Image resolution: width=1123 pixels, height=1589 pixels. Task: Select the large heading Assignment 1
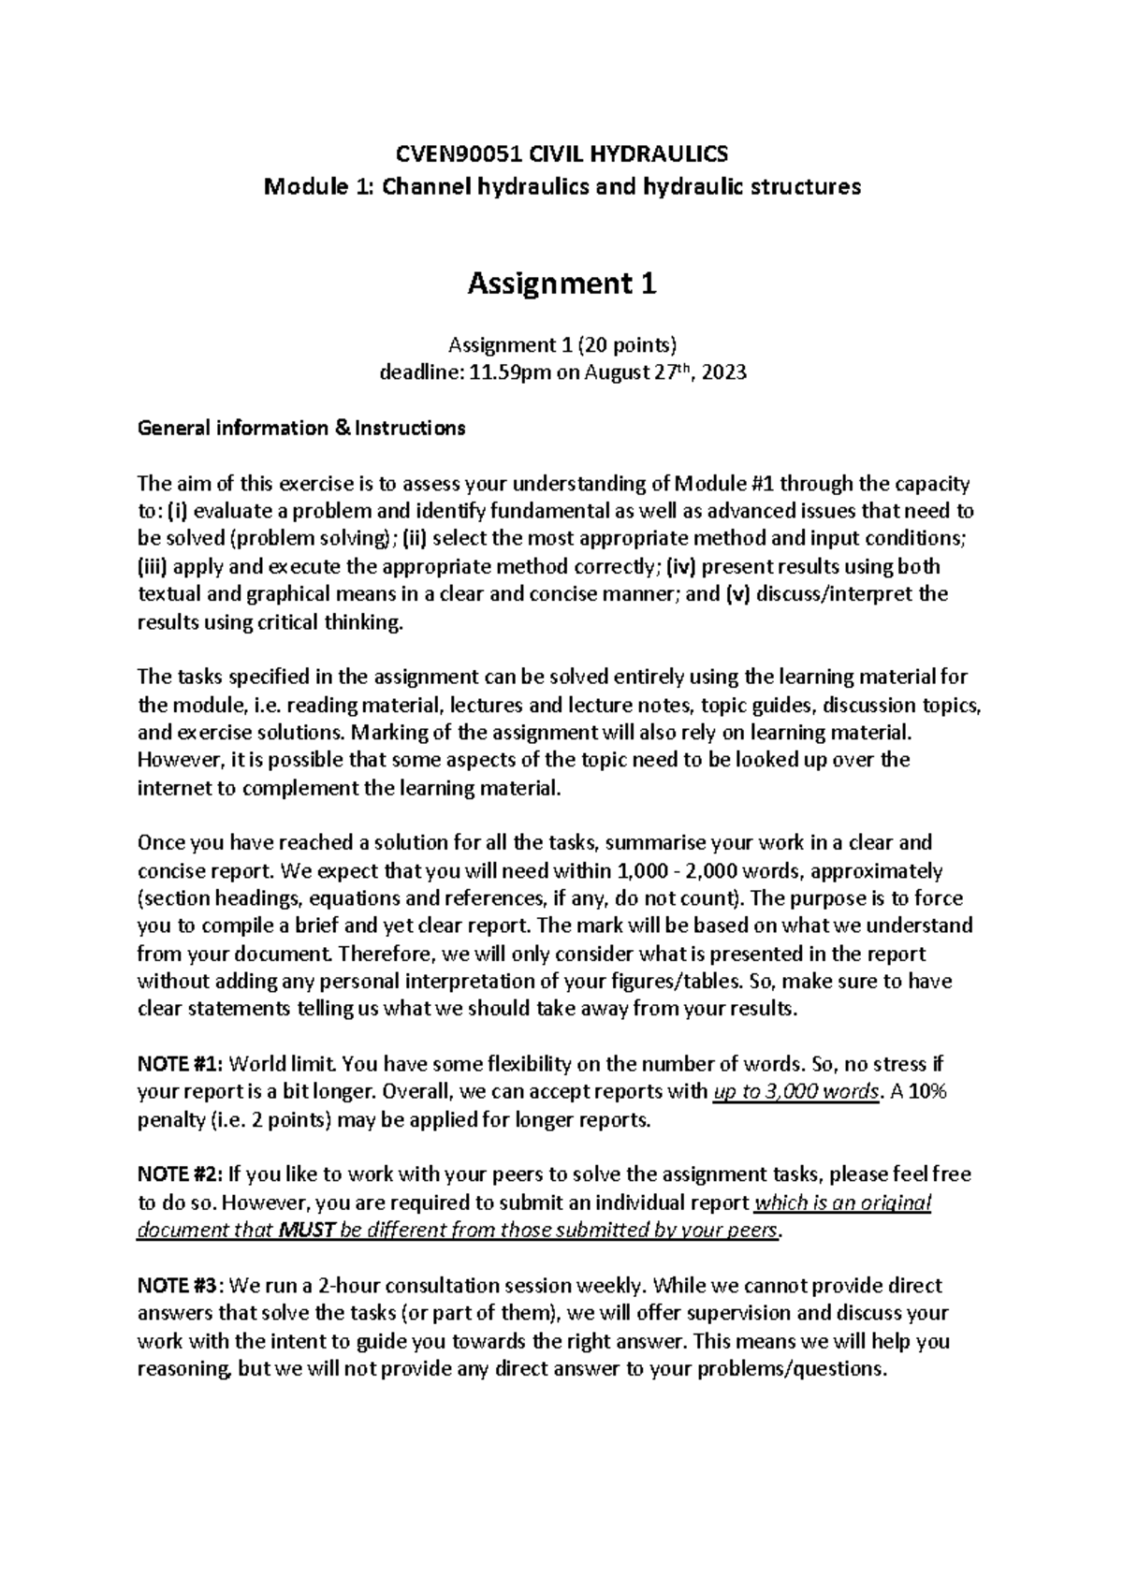(x=561, y=283)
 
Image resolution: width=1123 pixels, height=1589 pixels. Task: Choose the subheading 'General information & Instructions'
(x=300, y=429)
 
